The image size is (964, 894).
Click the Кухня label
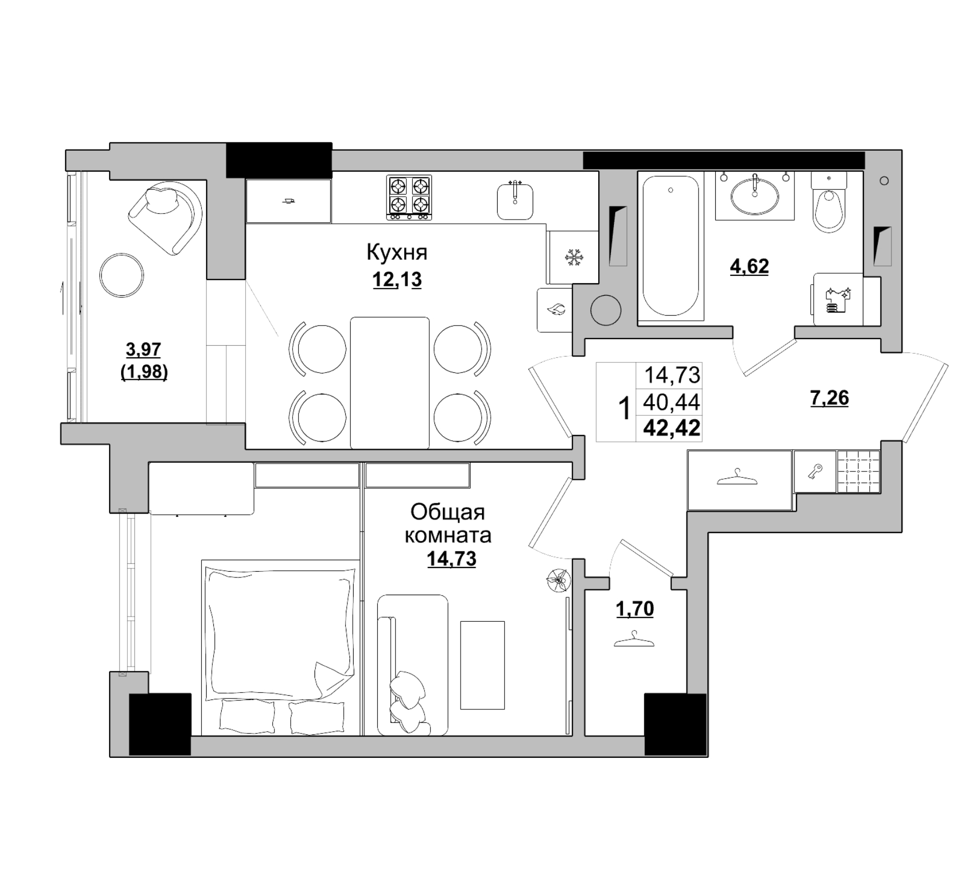397,252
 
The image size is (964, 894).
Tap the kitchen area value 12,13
397,280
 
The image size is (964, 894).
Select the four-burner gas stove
409,197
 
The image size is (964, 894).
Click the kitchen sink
515,201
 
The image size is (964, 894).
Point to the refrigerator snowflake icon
575,258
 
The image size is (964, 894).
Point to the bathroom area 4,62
749,267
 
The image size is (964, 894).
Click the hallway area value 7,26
829,398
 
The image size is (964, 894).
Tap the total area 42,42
672,428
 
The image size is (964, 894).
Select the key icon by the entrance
815,472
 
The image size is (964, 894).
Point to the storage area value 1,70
635,609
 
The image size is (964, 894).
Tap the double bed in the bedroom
281,647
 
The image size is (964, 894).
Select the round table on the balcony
122,275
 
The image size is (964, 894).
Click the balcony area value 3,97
144,349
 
